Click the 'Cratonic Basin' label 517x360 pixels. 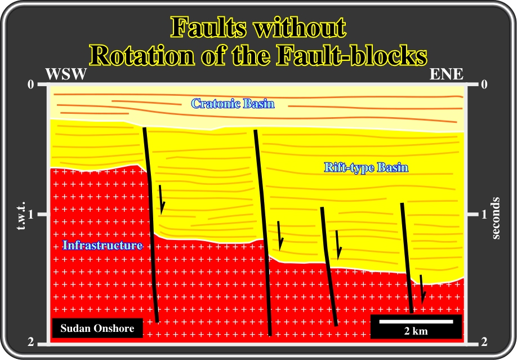(x=233, y=104)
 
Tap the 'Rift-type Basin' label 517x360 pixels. (x=366, y=167)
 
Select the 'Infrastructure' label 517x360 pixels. (x=102, y=245)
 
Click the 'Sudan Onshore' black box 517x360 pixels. (x=97, y=328)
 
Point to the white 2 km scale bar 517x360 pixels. (x=416, y=321)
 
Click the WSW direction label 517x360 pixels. (x=66, y=74)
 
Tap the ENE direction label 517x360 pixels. (x=447, y=74)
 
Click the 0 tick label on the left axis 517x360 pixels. (x=30, y=85)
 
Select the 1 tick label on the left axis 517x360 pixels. (x=31, y=215)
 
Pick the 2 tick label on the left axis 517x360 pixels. (x=30, y=343)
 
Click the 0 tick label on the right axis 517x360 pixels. (x=484, y=85)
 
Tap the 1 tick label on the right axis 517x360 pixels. (x=484, y=215)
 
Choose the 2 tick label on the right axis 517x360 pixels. (x=484, y=343)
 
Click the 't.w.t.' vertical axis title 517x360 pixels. (x=21, y=215)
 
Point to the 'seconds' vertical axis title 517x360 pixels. (x=496, y=218)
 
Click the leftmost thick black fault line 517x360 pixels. (x=151, y=225)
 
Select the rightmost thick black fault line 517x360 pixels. (x=407, y=257)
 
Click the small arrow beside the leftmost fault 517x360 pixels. (x=161, y=199)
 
